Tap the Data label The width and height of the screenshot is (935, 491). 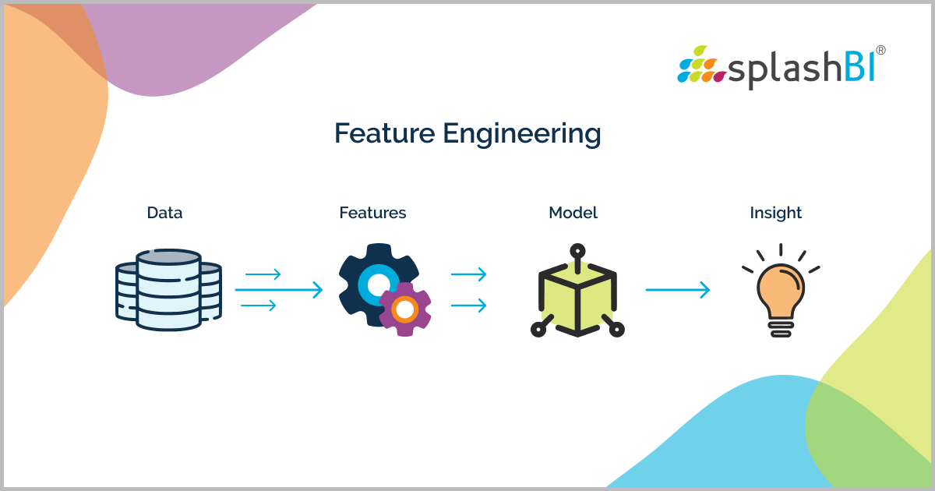coord(164,213)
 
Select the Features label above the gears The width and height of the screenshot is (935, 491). coord(372,213)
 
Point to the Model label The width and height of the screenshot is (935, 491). coord(573,213)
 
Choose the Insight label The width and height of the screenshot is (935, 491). coord(775,213)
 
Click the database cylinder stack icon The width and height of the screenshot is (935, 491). coord(168,288)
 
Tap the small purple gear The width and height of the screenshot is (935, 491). coord(405,309)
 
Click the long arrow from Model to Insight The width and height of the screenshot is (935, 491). coord(677,290)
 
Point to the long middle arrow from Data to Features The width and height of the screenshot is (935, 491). coord(278,290)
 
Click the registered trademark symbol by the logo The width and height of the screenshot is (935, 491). coord(880,50)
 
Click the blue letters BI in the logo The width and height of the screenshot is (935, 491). coord(857,66)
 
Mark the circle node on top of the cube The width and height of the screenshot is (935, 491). coord(577,251)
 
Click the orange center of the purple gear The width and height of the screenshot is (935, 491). coord(405,310)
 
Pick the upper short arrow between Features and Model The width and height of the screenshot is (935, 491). coord(468,274)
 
